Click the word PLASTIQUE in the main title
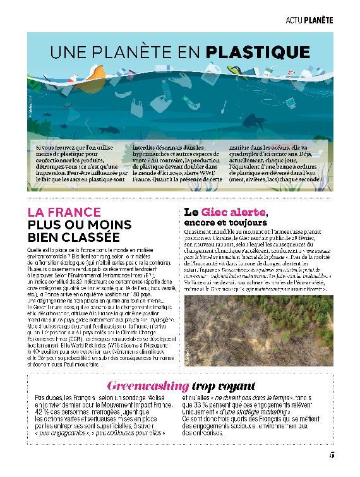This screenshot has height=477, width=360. pyautogui.click(x=260, y=51)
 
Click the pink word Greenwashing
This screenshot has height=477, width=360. pyautogui.click(x=147, y=385)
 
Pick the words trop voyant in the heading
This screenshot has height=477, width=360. pyautogui.click(x=222, y=385)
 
